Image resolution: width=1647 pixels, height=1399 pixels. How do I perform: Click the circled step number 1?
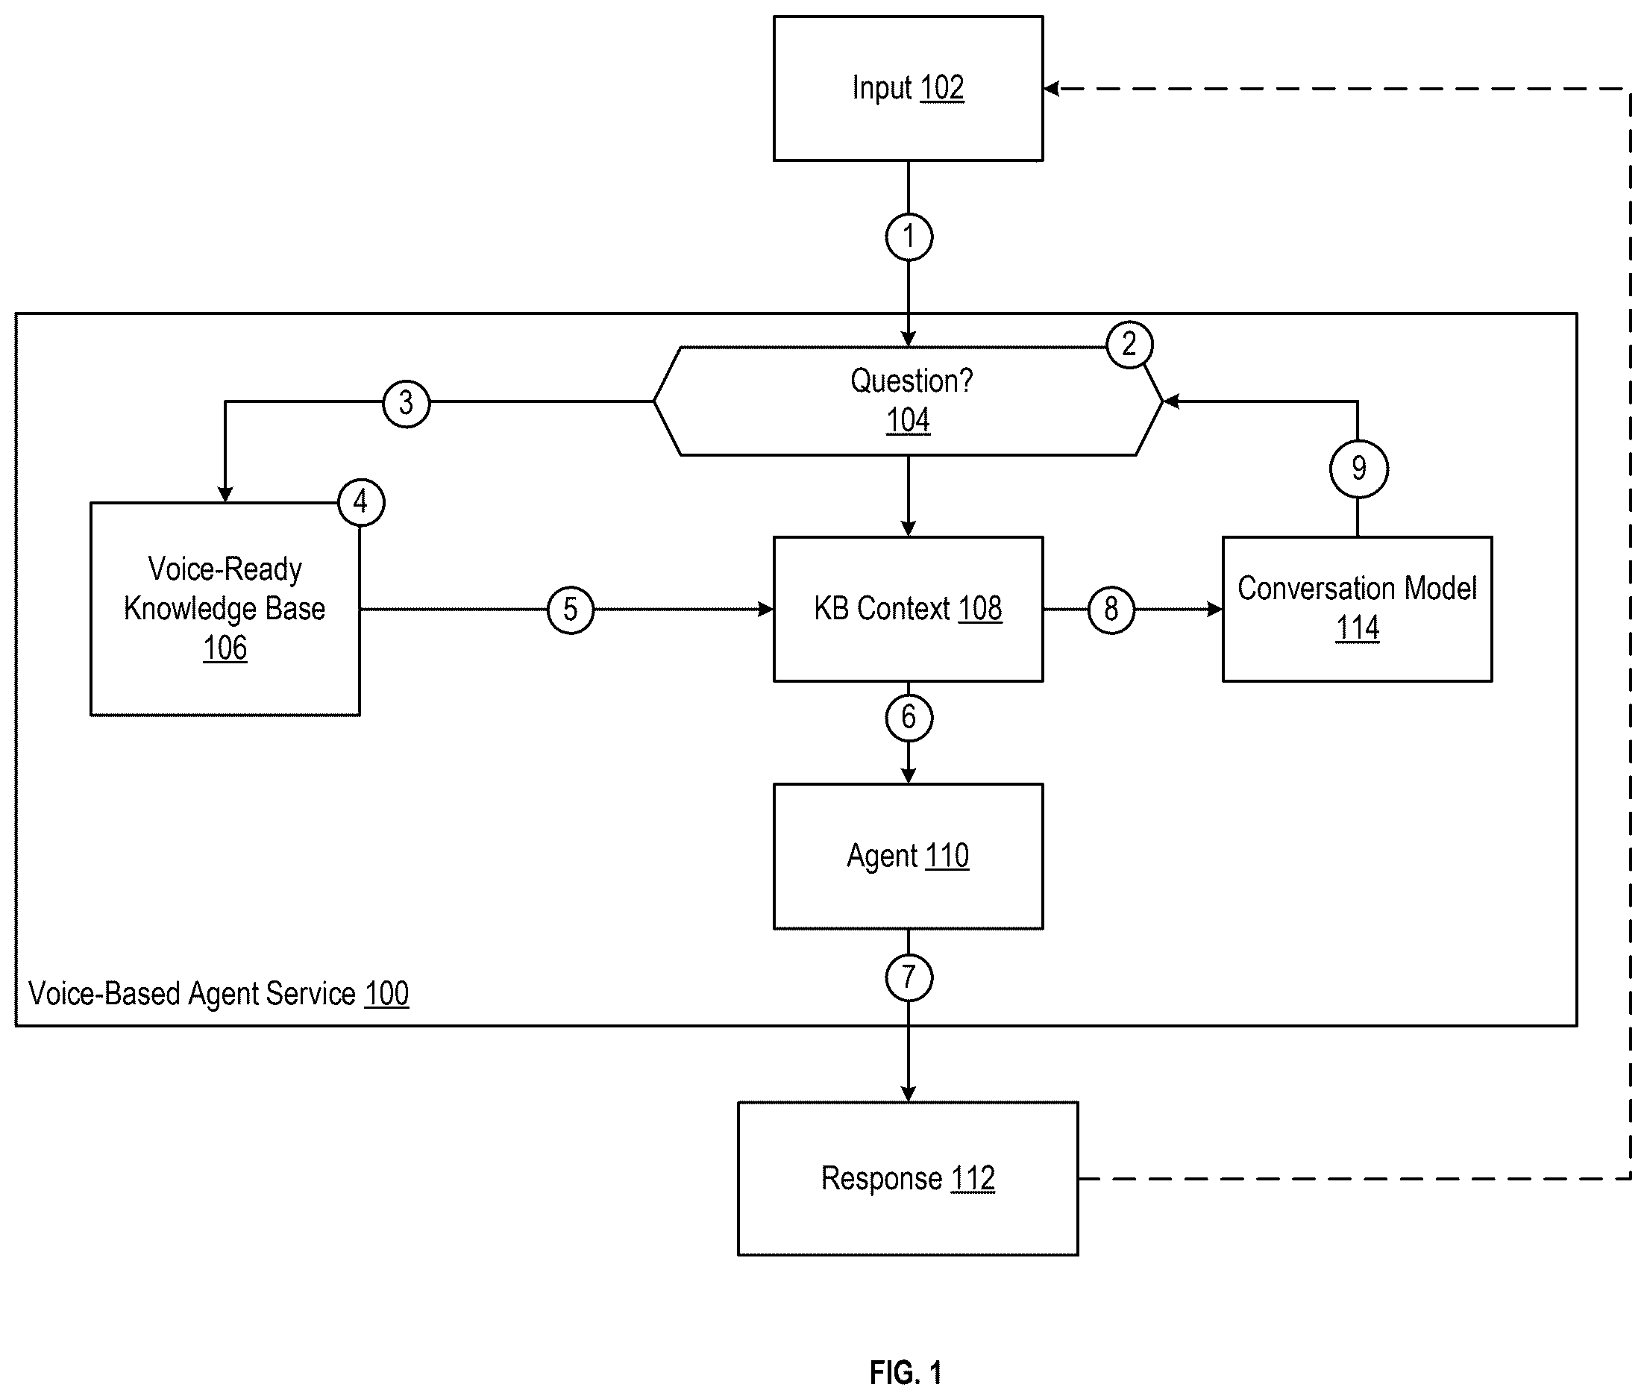coord(908,237)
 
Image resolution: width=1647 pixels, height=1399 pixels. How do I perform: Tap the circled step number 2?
coord(1129,344)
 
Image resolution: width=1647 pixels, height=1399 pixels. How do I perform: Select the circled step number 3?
coord(406,403)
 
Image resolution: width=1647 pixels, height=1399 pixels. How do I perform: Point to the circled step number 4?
coord(361,502)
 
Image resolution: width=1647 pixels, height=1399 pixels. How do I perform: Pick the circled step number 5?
coord(570,609)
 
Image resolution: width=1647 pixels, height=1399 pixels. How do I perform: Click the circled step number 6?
coord(908,717)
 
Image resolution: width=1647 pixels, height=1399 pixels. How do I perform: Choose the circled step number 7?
coord(908,977)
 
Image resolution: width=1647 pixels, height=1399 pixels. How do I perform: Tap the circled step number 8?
coord(1111,609)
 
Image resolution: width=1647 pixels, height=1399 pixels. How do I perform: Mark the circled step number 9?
coord(1358,468)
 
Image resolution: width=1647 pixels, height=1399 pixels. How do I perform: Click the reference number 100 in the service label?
coord(386,994)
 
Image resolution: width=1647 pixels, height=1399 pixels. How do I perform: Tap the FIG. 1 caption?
coord(906,1372)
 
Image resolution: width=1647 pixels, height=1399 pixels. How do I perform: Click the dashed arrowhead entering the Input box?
coord(1052,89)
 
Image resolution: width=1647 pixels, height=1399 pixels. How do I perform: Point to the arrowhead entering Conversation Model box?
coord(1214,609)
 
